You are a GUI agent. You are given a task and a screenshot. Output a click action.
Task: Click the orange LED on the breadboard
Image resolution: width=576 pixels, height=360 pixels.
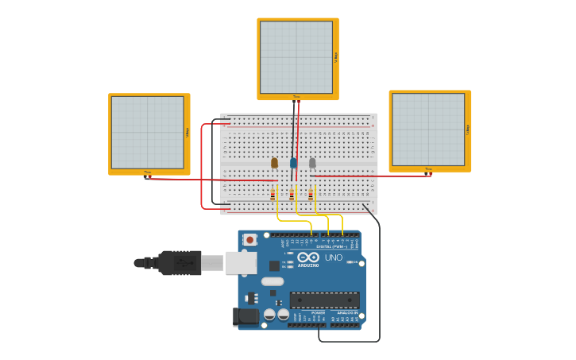[x=274, y=162]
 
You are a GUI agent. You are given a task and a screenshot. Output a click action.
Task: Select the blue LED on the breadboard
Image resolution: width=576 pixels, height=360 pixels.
[x=293, y=162]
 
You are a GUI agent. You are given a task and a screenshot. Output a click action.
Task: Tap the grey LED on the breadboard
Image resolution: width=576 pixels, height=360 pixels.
[x=312, y=162]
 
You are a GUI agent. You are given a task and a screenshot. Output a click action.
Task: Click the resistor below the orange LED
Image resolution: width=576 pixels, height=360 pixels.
[x=273, y=194]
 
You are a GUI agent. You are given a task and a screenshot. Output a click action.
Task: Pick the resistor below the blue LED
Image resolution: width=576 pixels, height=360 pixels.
[x=292, y=194]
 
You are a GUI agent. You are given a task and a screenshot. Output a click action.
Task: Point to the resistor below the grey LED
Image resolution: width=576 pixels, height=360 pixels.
[x=311, y=194]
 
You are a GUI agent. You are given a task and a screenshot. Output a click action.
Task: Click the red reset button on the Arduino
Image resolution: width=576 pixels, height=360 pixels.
[x=250, y=239]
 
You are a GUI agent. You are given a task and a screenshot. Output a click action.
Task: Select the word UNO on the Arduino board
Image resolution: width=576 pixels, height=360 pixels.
[x=334, y=257]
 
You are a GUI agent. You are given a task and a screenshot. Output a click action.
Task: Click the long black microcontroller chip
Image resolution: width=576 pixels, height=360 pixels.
[x=324, y=300]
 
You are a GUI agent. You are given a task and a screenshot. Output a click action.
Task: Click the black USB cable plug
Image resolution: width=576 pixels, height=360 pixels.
[x=180, y=262]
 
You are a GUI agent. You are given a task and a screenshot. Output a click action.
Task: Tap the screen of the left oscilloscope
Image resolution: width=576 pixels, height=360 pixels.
[x=148, y=133]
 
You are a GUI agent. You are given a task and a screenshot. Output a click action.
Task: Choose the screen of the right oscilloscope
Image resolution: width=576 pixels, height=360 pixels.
[x=428, y=130]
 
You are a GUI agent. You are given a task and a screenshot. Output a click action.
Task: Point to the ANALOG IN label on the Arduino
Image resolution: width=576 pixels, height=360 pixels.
[x=347, y=312]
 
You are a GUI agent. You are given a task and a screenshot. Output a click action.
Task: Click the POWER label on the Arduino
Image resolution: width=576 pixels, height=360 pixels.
[x=318, y=312]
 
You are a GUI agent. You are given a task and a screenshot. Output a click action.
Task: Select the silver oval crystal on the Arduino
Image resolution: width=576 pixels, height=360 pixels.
[x=273, y=281]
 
